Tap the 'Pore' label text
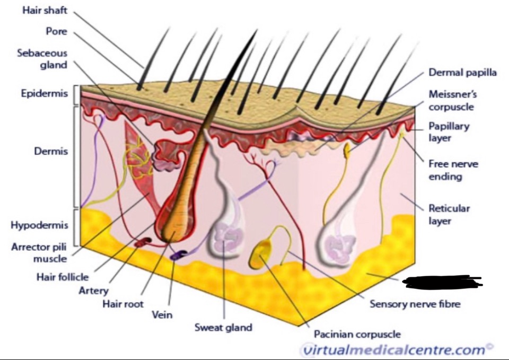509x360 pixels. coord(56,31)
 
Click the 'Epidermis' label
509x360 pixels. coord(45,94)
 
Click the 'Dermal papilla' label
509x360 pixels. coord(462,73)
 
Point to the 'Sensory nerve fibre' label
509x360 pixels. coord(415,304)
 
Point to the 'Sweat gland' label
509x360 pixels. coord(223,327)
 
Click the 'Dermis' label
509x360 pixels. coord(52,151)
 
